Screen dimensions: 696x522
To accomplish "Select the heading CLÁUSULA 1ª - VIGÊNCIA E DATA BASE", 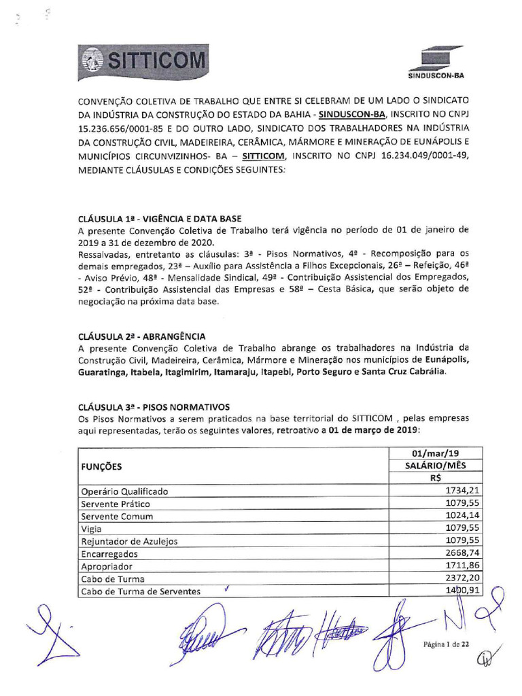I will (x=160, y=220).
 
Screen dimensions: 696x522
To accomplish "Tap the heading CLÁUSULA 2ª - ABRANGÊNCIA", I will (x=141, y=336).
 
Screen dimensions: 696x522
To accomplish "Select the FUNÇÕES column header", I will (x=102, y=467).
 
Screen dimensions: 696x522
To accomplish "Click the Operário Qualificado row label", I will (x=124, y=491).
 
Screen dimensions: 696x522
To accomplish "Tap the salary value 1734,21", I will (x=463, y=491).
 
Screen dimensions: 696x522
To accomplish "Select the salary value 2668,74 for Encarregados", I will (x=463, y=553).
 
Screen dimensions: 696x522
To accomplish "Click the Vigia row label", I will (x=91, y=529).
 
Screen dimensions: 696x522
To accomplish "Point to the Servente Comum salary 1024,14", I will (x=463, y=516).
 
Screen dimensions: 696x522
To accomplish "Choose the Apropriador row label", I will (x=107, y=566).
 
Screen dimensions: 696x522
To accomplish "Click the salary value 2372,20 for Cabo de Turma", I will (x=463, y=578).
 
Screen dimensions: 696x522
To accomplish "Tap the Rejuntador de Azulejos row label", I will (x=129, y=541).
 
